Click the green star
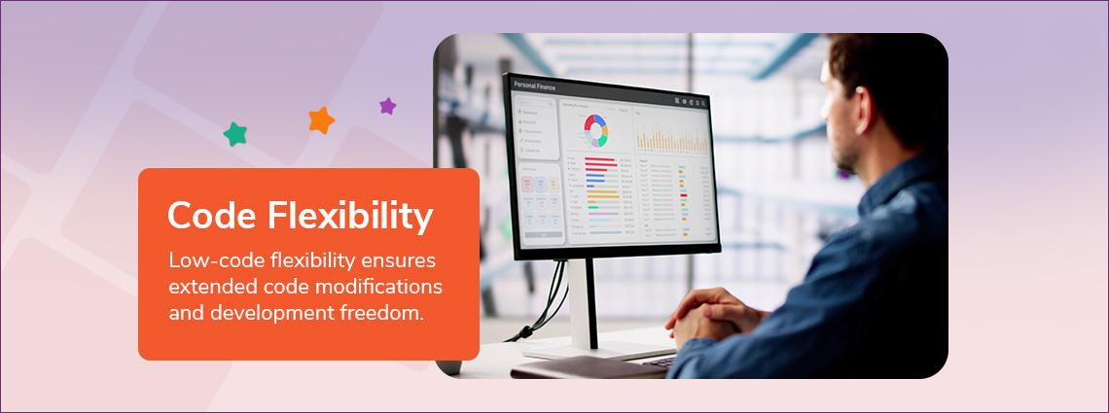point(234,134)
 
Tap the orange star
point(321,120)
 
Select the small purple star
point(387,106)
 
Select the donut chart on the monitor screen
point(595,129)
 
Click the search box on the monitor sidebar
point(531,102)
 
